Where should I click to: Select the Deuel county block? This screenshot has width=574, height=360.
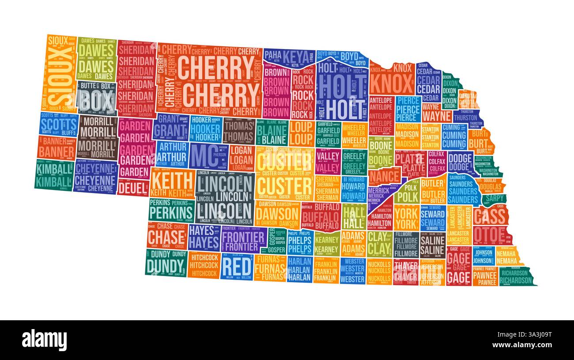(x=133, y=188)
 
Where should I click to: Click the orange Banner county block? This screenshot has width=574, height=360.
(x=56, y=148)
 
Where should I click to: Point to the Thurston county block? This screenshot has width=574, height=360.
(x=464, y=117)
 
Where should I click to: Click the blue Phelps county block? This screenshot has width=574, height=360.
(x=299, y=243)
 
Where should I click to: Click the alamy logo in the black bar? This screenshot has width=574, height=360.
(x=44, y=340)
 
